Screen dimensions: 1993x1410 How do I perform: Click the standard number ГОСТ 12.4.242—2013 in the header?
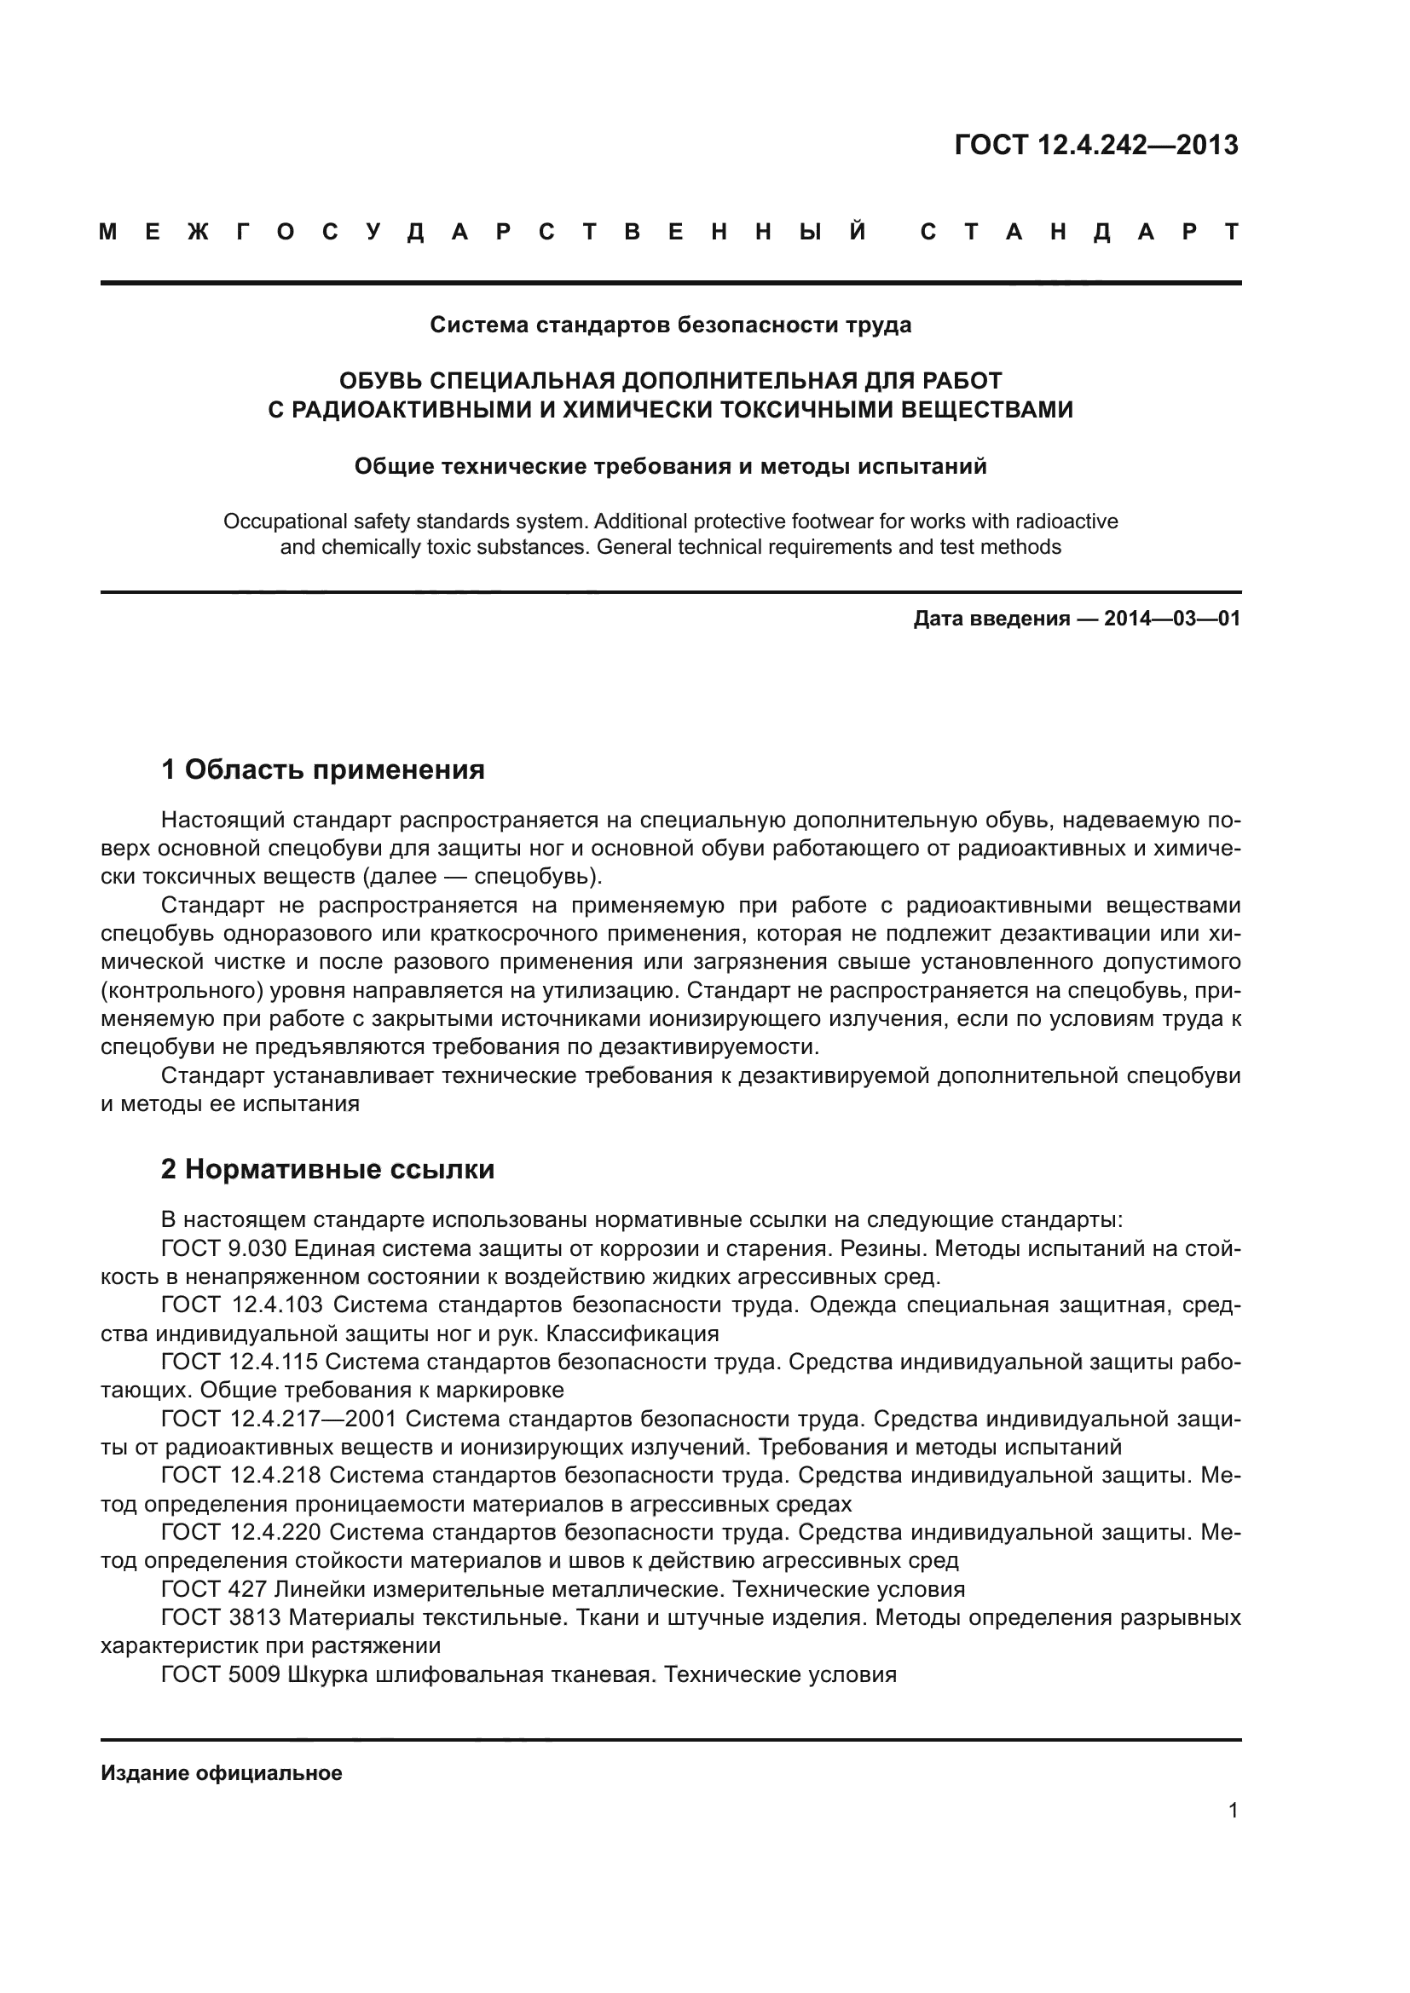click(x=1095, y=145)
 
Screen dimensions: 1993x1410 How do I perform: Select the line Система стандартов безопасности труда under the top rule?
click(x=670, y=325)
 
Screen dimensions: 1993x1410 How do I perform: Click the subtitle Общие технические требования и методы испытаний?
click(x=670, y=467)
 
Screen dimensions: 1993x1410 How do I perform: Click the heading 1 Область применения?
click(x=323, y=769)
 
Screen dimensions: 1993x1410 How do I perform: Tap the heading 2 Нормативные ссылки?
click(x=327, y=1169)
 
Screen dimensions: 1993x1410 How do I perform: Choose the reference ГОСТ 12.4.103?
click(x=242, y=1305)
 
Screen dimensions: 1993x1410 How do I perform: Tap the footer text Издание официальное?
click(x=222, y=1773)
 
